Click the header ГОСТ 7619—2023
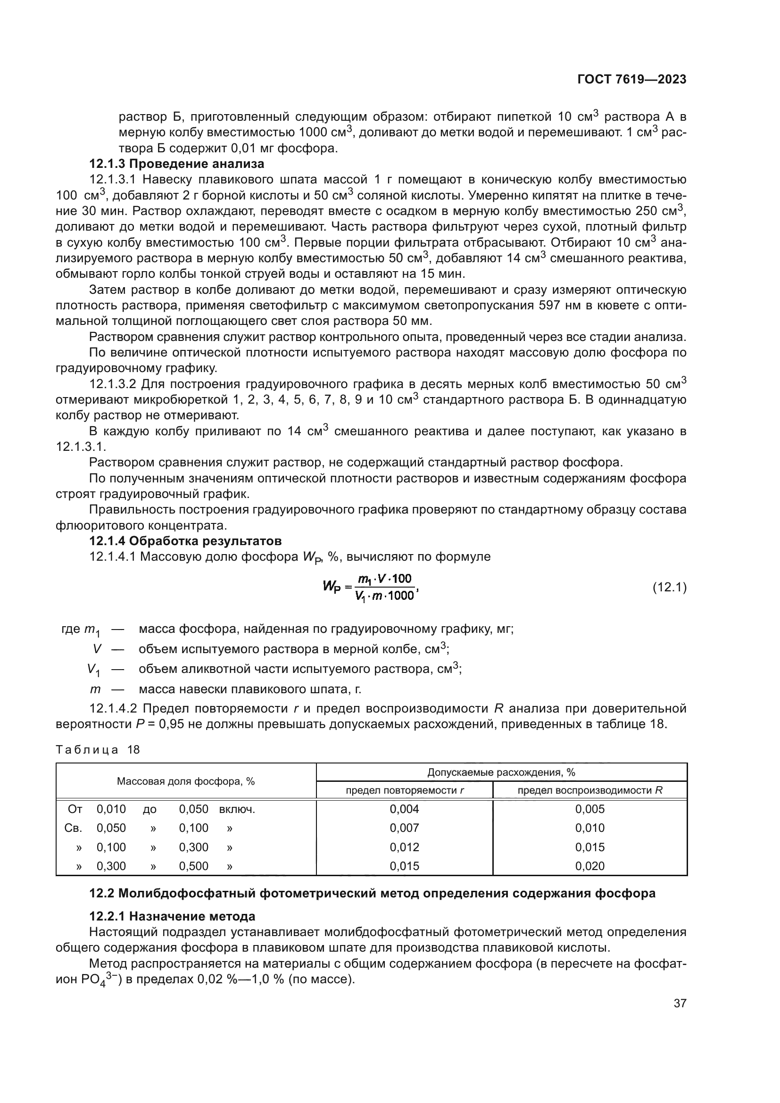coord(631,80)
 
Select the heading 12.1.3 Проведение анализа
coord(177,164)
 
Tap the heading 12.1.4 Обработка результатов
coord(185,541)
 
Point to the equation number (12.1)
coord(670,587)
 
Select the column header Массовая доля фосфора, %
coord(185,781)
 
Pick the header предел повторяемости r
coord(405,790)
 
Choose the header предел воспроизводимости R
coord(590,790)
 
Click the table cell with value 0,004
coord(405,809)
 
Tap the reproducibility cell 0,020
coord(590,866)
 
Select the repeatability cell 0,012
coord(405,847)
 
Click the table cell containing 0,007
coord(405,828)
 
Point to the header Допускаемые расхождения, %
coord(501,772)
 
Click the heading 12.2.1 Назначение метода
coord(173,916)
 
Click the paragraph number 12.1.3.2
coord(113,384)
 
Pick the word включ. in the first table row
coord(237,809)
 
